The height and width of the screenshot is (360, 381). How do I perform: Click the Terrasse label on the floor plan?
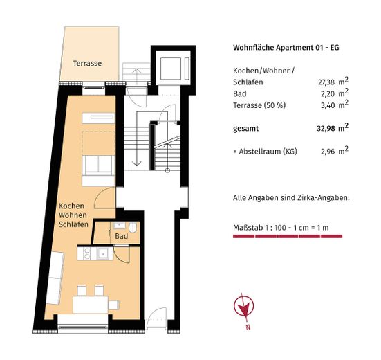click(87, 64)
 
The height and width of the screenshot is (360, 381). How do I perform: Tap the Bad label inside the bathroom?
click(122, 236)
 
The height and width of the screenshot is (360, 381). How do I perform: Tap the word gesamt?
click(248, 128)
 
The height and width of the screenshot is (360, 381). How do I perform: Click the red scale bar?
click(288, 237)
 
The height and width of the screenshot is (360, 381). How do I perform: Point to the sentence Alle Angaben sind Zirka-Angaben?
click(291, 198)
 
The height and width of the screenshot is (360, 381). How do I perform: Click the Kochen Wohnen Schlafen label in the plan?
click(72, 216)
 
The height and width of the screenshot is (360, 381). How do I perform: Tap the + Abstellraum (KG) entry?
click(266, 150)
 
